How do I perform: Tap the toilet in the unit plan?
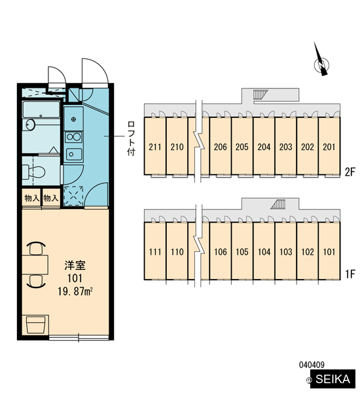(x=33, y=172)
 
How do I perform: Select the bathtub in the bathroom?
(x=41, y=109)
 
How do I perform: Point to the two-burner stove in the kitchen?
(x=73, y=137)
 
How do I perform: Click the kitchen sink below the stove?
(x=74, y=154)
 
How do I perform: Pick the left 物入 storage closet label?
(x=32, y=198)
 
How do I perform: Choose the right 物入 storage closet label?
(x=51, y=198)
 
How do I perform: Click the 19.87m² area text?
(x=75, y=291)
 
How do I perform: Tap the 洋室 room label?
(x=75, y=265)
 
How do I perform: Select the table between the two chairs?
(x=35, y=265)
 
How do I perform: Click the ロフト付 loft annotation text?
(x=131, y=138)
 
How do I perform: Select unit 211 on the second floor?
(x=155, y=147)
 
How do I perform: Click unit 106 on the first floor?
(x=221, y=252)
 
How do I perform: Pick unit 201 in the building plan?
(x=329, y=147)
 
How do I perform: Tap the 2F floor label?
(x=350, y=172)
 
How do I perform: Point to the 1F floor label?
(x=350, y=274)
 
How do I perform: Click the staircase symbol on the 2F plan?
(x=260, y=95)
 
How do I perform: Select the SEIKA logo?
(x=333, y=379)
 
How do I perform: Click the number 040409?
(x=312, y=365)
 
